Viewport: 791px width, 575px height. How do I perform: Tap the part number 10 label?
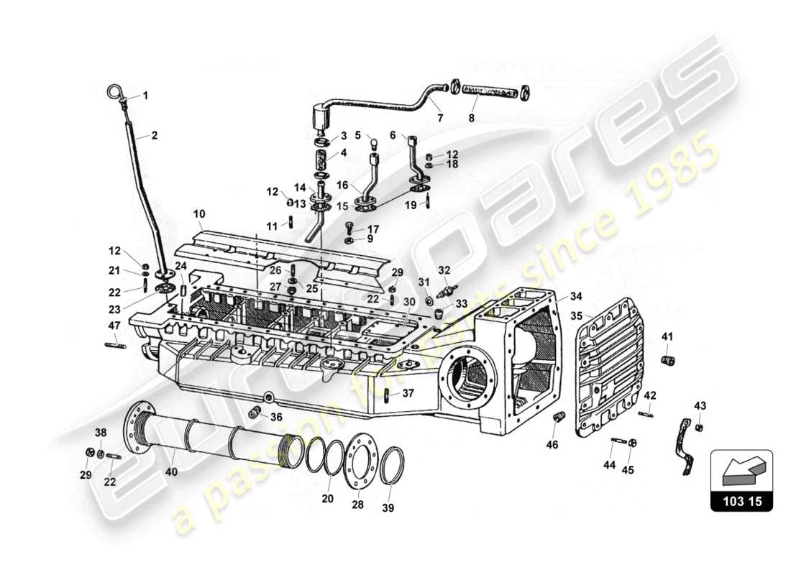coord(199,214)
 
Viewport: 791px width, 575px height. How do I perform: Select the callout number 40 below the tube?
coord(170,472)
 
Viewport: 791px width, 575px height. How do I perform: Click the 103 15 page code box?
coord(741,502)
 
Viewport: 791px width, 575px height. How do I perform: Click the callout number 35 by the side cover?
coord(577,315)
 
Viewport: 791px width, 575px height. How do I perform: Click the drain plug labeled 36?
coord(254,413)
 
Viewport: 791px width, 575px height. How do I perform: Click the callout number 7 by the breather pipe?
coord(439,117)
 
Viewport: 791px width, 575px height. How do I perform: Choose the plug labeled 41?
coord(666,359)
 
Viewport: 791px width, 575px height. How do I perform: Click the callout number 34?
coord(576,295)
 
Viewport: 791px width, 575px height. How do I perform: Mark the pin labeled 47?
coord(116,346)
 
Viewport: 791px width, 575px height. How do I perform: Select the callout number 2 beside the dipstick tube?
coord(153,134)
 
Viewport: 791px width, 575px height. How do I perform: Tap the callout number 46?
coord(552,446)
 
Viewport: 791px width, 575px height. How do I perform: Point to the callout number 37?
coord(408,392)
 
